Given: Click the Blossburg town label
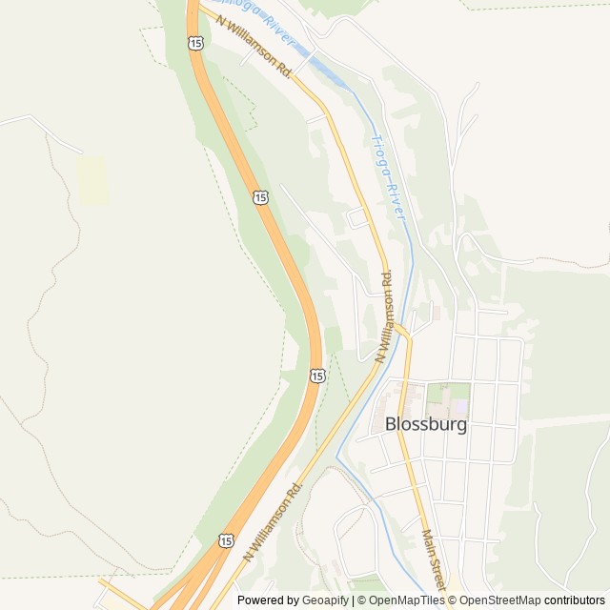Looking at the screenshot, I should (426, 425).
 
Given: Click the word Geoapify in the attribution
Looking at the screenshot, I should (325, 600).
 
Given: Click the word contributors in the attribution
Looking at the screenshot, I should (575, 600).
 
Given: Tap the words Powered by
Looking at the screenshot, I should (268, 600).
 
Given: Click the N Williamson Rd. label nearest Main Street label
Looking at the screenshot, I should (274, 519).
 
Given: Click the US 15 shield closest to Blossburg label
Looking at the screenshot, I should (316, 376).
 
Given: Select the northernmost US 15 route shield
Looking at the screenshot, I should (195, 43).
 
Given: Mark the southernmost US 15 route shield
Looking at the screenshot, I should (226, 540).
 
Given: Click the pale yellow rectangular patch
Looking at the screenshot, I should (92, 181).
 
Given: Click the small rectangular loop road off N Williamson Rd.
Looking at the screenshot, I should (358, 218).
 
